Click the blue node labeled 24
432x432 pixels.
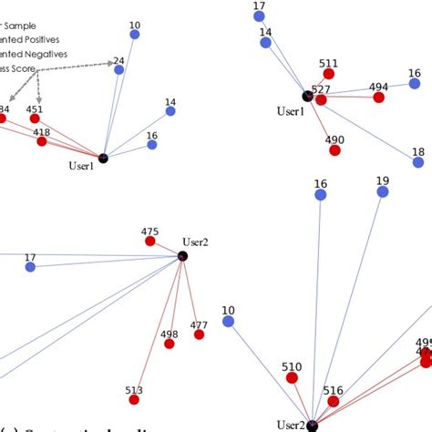point(118,70)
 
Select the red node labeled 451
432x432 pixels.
point(34,118)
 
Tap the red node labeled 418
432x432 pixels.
point(42,141)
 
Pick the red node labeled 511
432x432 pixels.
point(329,74)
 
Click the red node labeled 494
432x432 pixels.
point(378,97)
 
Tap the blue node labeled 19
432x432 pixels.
point(383,192)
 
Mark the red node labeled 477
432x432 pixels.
point(199,334)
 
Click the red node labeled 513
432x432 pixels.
point(134,399)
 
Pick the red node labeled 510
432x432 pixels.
point(293,377)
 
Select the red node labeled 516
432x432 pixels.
point(334,400)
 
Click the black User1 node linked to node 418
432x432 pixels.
point(103,159)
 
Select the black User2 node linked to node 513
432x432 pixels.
point(182,257)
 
